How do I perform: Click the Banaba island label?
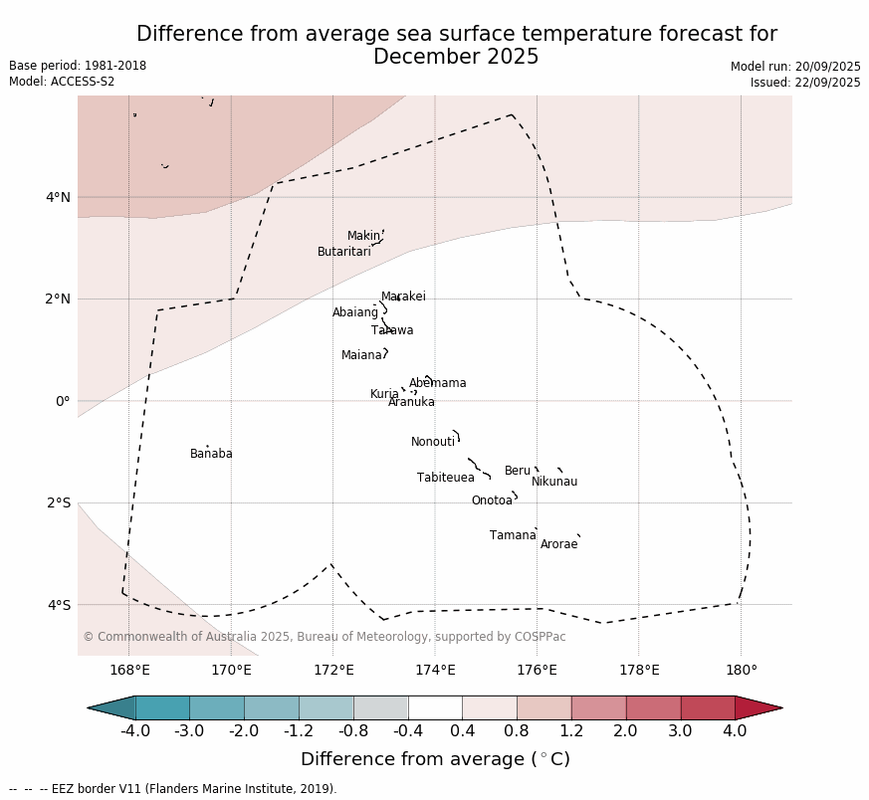[x=211, y=454]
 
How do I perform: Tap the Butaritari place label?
[x=343, y=252]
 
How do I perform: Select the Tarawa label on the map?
[x=392, y=330]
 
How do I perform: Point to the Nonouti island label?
[x=433, y=442]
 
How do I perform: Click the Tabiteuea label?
[x=446, y=478]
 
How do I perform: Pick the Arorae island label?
[x=558, y=544]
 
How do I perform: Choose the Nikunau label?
[x=554, y=482]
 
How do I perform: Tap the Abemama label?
[x=438, y=383]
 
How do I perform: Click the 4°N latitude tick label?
[x=58, y=197]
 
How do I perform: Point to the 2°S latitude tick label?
[x=58, y=502]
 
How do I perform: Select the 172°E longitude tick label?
[x=333, y=670]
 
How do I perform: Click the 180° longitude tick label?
[x=741, y=670]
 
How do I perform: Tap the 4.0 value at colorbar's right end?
[x=735, y=731]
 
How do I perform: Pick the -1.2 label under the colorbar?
[x=299, y=731]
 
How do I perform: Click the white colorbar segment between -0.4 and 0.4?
[x=435, y=707]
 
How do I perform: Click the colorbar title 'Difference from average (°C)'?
[x=435, y=759]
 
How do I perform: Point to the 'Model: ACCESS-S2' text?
[x=62, y=82]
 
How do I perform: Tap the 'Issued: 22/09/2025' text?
[x=805, y=83]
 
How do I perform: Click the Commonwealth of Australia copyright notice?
[x=324, y=637]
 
